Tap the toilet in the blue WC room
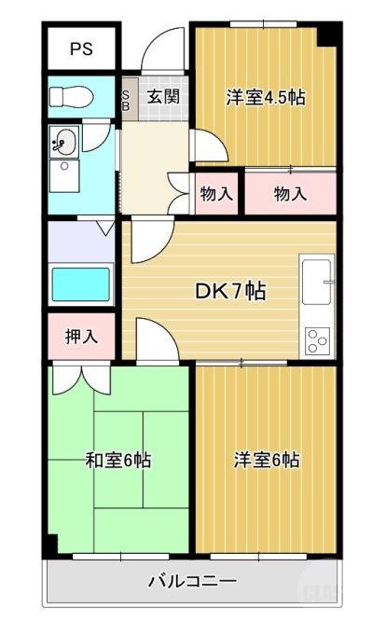pyautogui.click(x=68, y=96)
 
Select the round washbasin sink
pyautogui.click(x=65, y=144)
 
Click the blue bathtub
pyautogui.click(x=81, y=282)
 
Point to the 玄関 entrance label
pyautogui.click(x=162, y=95)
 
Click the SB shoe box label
pyautogui.click(x=128, y=99)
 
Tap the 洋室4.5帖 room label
pyautogui.click(x=267, y=97)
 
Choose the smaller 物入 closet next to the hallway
pyautogui.click(x=216, y=194)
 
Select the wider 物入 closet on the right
pyautogui.click(x=290, y=194)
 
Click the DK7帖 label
pyautogui.click(x=229, y=291)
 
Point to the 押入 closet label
pyautogui.click(x=81, y=337)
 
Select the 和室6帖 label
pyautogui.click(x=118, y=460)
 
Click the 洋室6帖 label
pyautogui.click(x=267, y=460)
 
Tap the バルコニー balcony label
pyautogui.click(x=193, y=581)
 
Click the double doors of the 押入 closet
pyautogui.click(x=82, y=379)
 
